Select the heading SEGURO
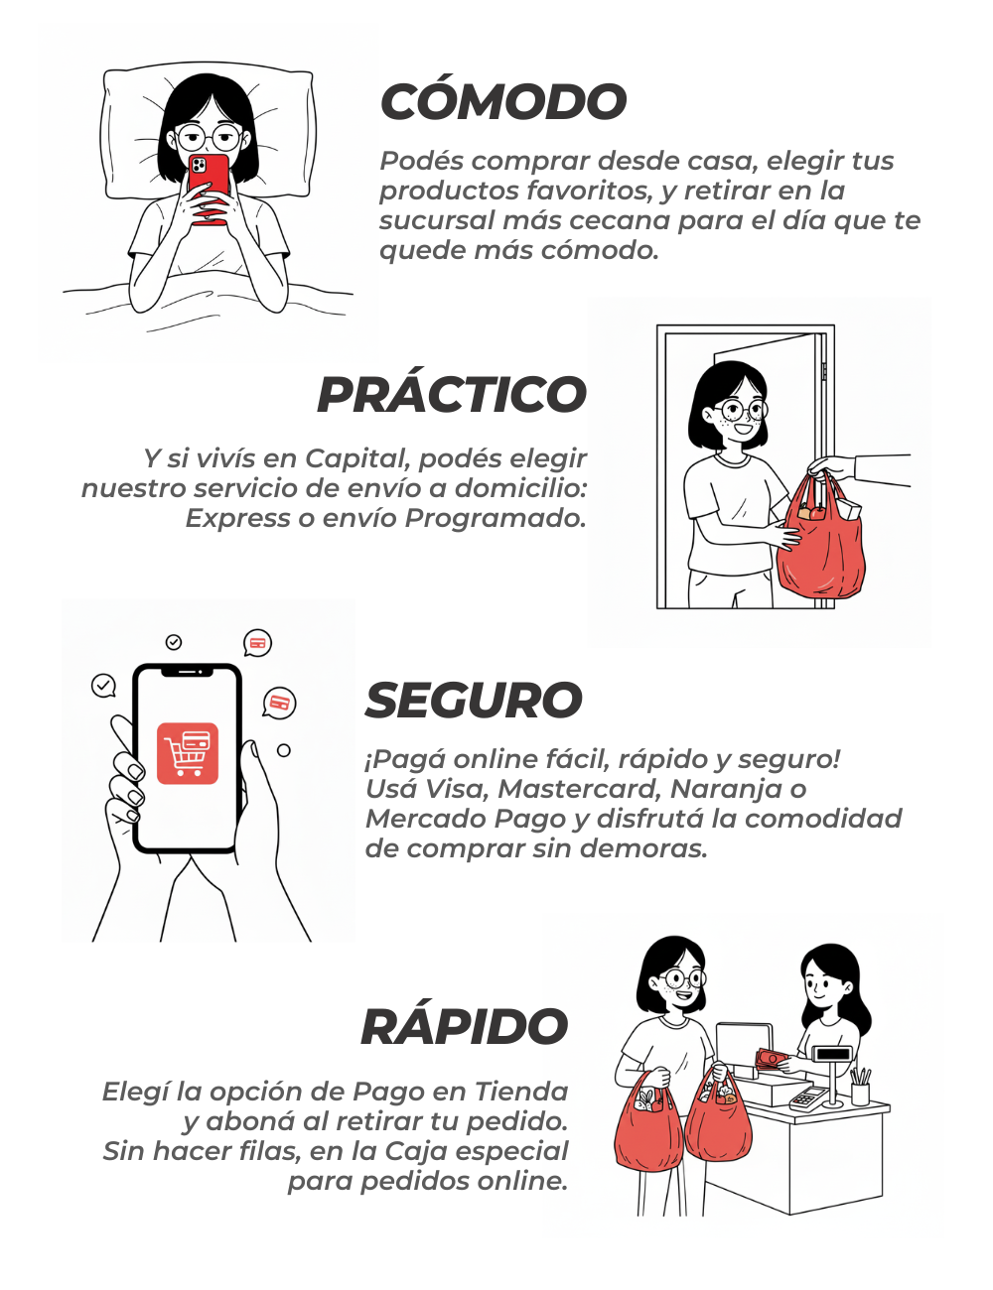[x=474, y=700]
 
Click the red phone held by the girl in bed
[x=209, y=189]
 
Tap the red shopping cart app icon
[x=187, y=753]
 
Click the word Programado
[x=496, y=518]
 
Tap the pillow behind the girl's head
[x=208, y=134]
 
